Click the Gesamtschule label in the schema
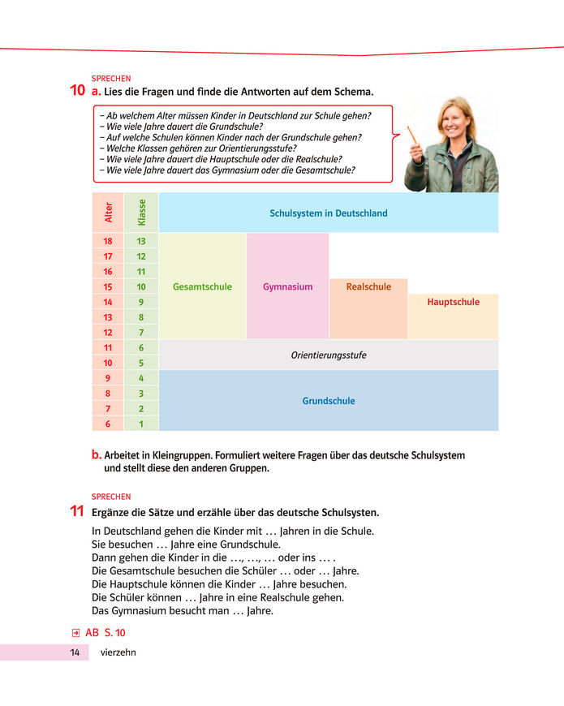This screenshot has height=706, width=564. (x=202, y=286)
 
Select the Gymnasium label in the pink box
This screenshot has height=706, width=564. (x=287, y=286)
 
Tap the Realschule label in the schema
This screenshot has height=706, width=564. (x=368, y=286)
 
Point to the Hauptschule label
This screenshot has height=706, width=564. (x=453, y=302)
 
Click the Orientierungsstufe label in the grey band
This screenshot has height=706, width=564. (x=329, y=355)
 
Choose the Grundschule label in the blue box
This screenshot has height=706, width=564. (x=329, y=401)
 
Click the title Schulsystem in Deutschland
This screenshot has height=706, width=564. (x=329, y=213)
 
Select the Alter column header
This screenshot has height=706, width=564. (x=108, y=213)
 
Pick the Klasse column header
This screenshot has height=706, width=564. (x=141, y=213)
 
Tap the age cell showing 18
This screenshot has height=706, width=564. (x=108, y=241)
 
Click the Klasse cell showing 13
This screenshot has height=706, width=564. (x=141, y=241)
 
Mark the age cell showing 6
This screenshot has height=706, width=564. (x=108, y=423)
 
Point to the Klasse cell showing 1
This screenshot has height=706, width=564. (x=141, y=423)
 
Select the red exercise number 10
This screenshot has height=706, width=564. (x=79, y=92)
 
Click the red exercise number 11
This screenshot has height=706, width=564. (x=79, y=512)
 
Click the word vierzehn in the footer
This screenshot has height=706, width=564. (x=118, y=652)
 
